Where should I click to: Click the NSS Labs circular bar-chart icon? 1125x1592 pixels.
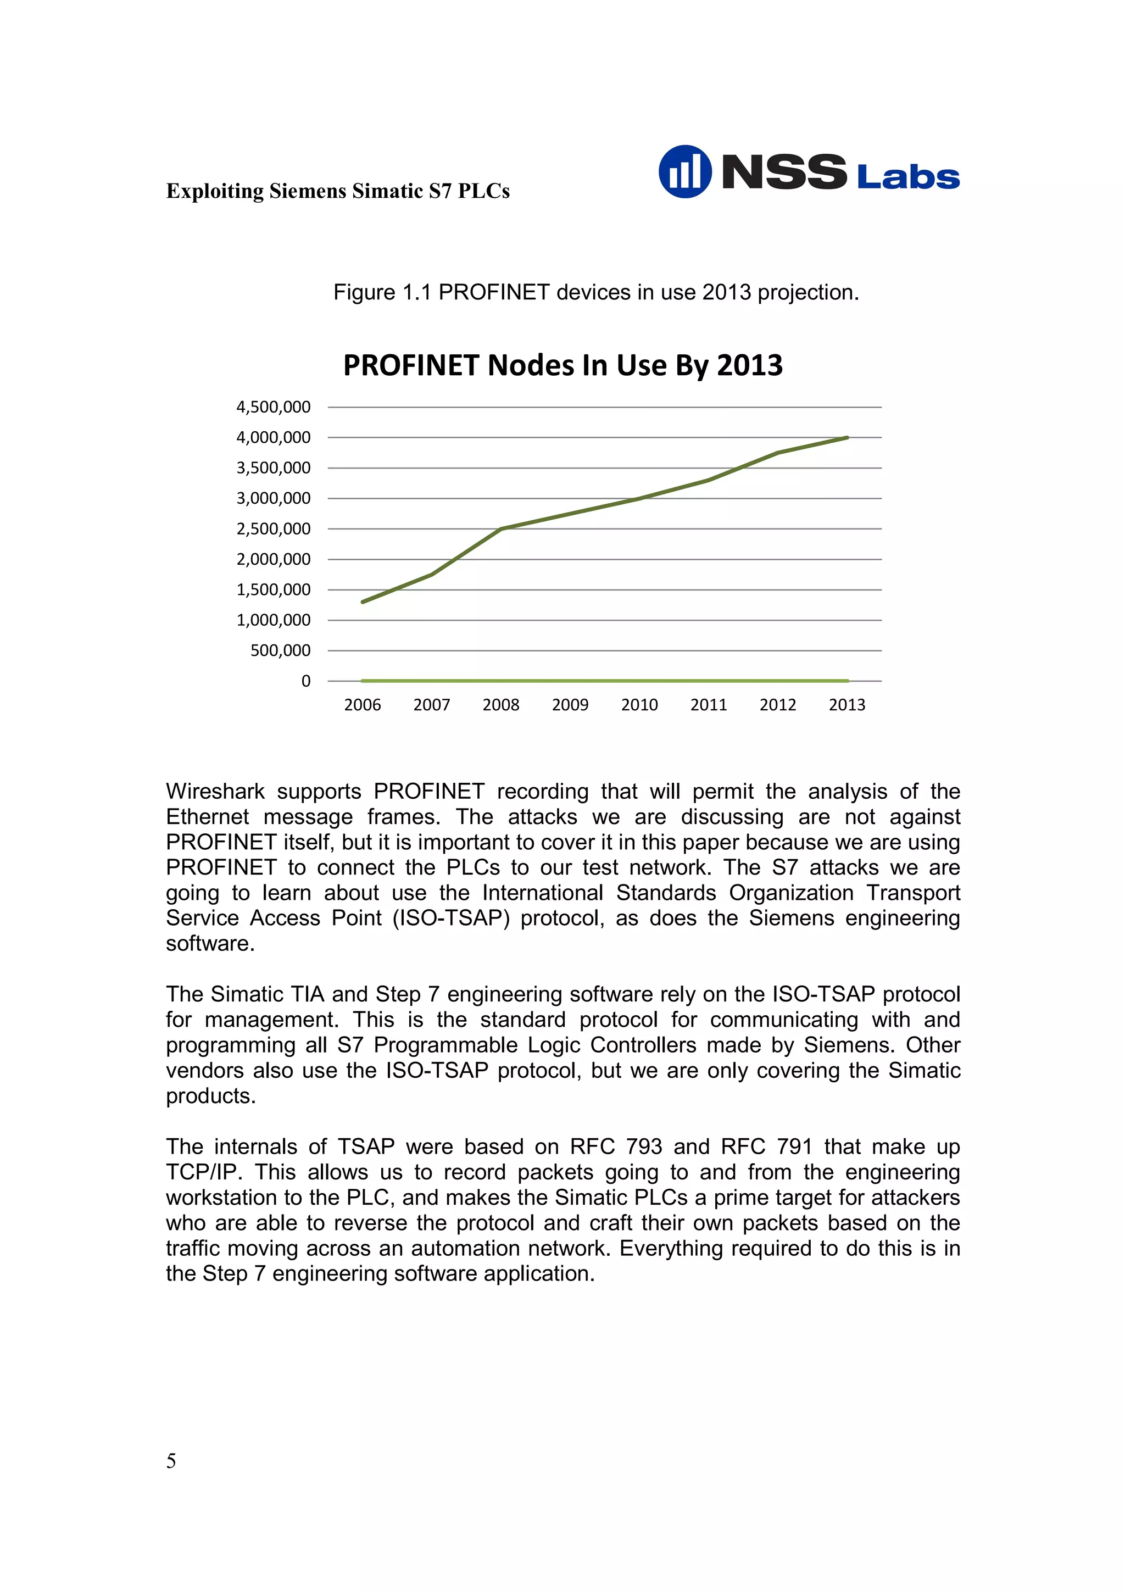click(x=684, y=171)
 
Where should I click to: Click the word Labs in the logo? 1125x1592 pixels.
click(x=907, y=177)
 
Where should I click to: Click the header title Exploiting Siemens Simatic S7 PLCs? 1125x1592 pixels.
click(x=338, y=191)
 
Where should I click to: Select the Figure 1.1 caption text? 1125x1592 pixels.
click(x=595, y=292)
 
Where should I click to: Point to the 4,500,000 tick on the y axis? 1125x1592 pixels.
click(x=273, y=407)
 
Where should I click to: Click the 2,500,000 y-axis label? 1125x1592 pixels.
click(x=273, y=529)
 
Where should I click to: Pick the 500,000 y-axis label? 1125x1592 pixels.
click(x=280, y=650)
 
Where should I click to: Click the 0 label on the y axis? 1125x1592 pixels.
click(x=305, y=681)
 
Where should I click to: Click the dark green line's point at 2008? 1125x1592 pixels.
click(x=501, y=529)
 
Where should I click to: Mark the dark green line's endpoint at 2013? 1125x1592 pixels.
click(x=846, y=437)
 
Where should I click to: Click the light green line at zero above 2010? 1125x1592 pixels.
click(x=639, y=681)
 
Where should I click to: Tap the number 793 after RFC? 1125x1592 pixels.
click(x=644, y=1147)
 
